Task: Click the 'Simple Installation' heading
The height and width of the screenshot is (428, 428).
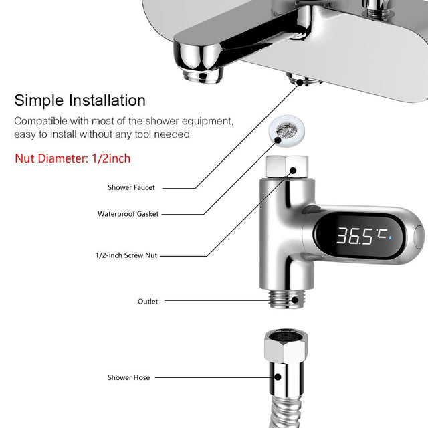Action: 80,100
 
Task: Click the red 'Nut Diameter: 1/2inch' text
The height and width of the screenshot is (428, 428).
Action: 73,158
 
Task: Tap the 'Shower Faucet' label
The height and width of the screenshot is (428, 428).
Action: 131,188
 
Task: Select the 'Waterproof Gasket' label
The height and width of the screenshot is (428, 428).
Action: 128,214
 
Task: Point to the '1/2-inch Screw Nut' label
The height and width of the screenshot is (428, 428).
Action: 126,255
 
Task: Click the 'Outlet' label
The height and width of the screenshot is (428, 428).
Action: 148,302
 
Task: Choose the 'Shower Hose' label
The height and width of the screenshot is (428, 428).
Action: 129,378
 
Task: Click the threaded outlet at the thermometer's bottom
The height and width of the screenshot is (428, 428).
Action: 285,298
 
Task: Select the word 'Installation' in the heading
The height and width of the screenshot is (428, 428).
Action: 107,100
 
